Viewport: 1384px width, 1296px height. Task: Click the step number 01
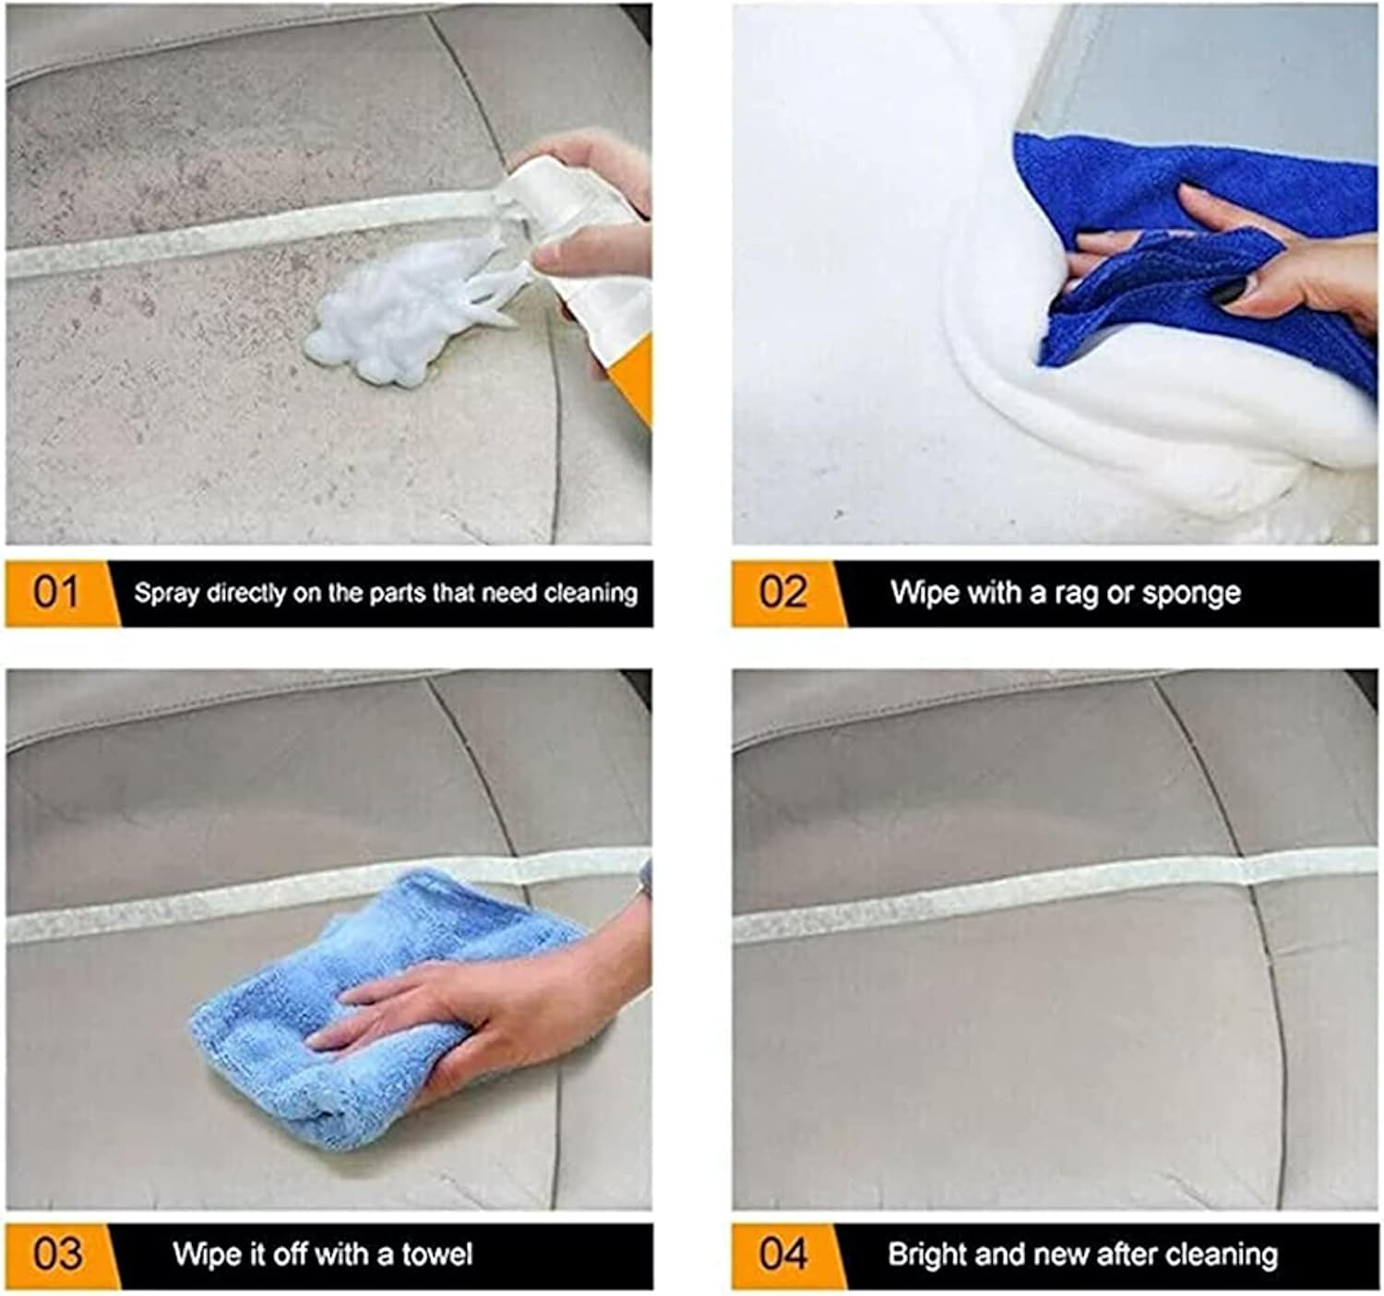coord(56,592)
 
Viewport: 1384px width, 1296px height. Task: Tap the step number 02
coord(782,592)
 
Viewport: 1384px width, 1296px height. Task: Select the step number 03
coord(56,1254)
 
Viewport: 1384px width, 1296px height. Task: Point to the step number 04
coord(782,1254)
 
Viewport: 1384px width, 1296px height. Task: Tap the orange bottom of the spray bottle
coord(632,378)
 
